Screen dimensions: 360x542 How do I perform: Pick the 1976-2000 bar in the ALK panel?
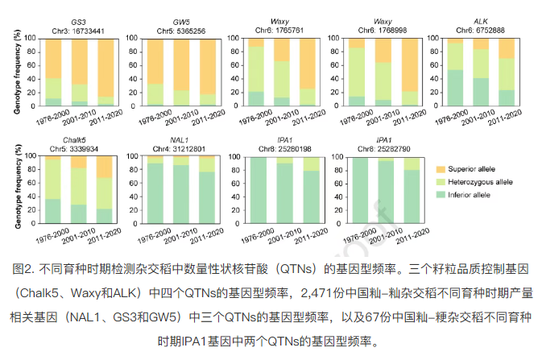pyautogui.click(x=455, y=72)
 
